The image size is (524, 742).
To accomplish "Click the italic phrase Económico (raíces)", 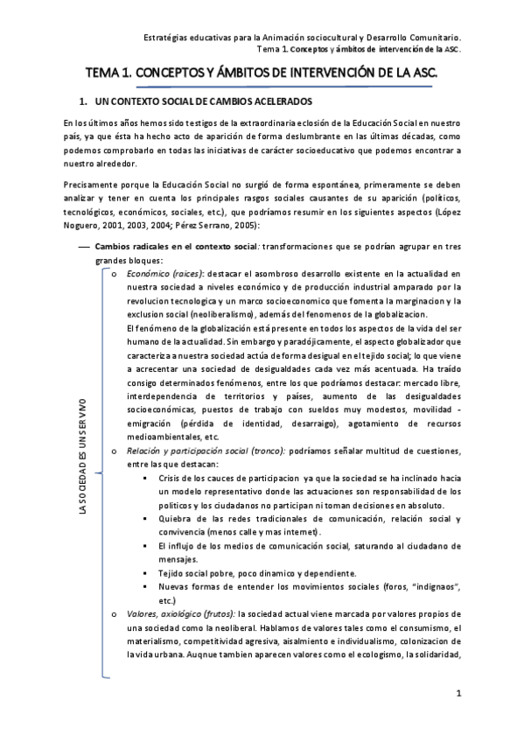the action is click(x=164, y=274).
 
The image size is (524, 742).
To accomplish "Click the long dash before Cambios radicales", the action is click(x=85, y=247).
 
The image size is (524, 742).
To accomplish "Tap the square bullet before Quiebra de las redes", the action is click(x=143, y=518).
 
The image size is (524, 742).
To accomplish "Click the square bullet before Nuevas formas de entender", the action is click(x=143, y=585).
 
